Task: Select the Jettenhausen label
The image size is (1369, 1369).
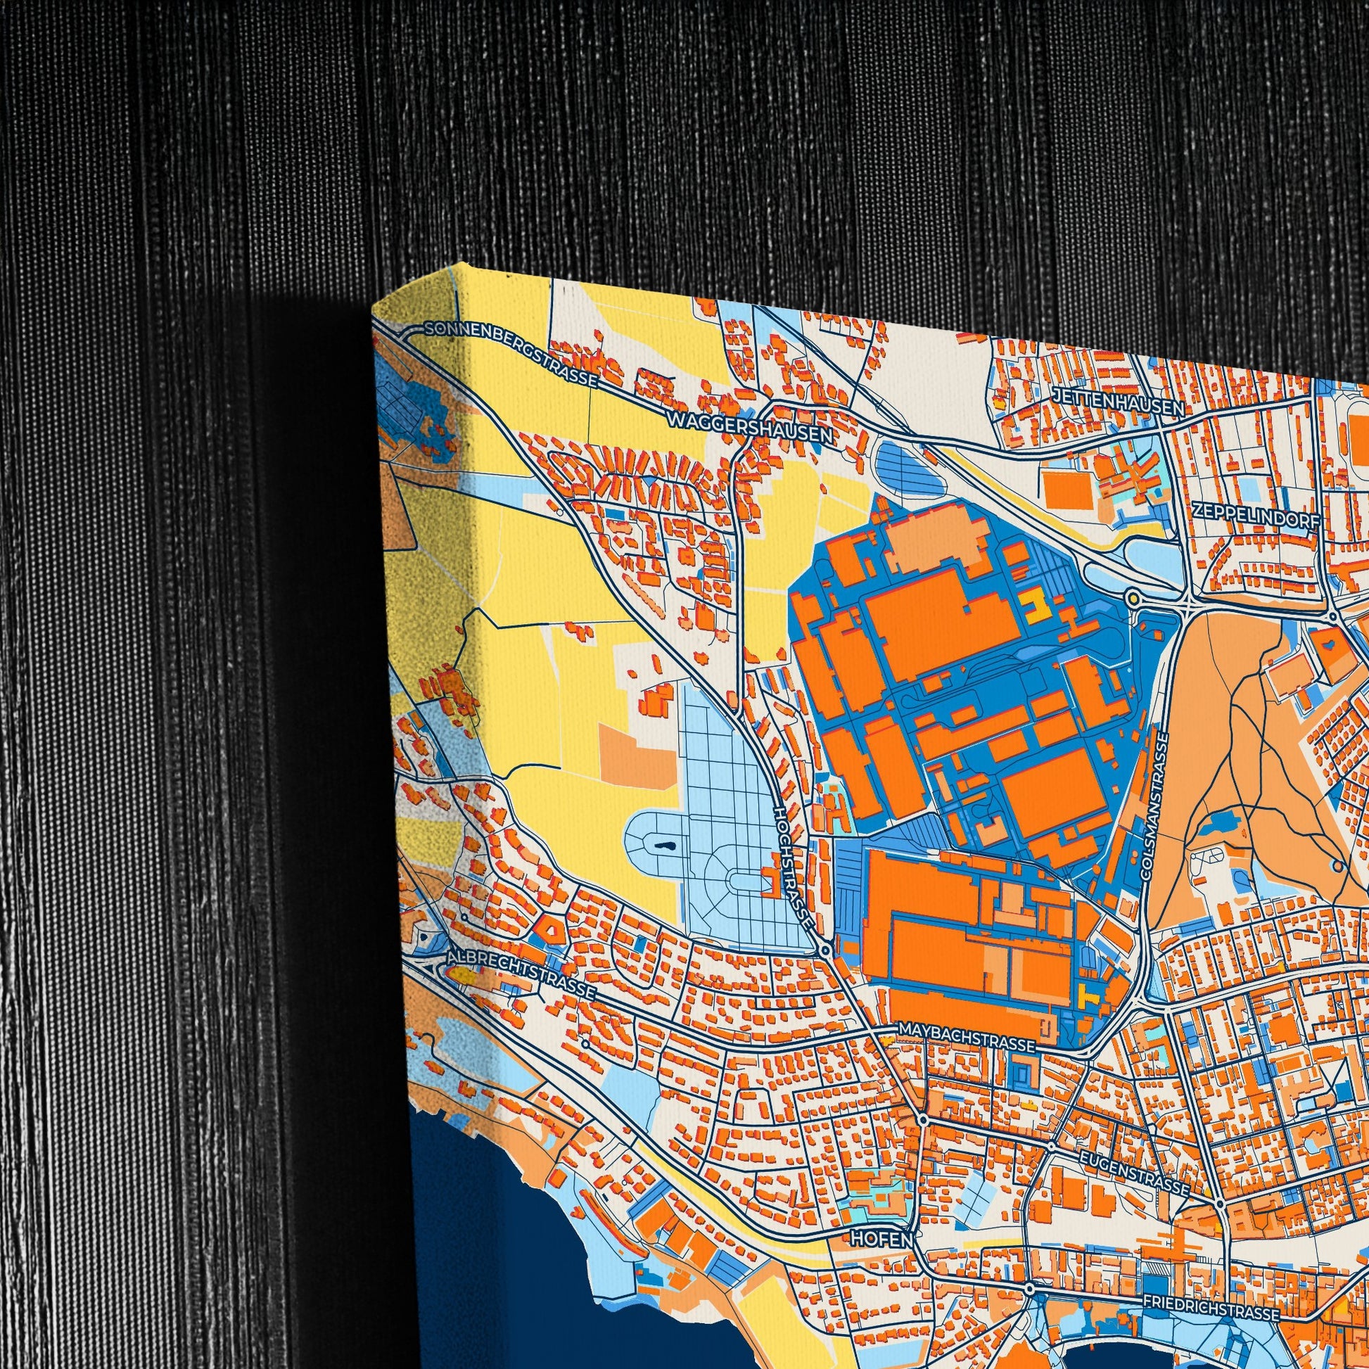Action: (x=1118, y=401)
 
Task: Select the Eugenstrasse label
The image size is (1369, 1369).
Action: (x=1134, y=1172)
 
